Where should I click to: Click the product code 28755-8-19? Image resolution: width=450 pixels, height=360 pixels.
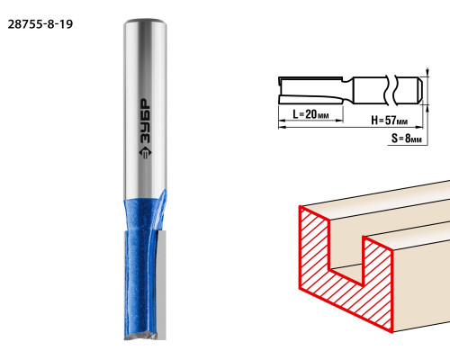point(40,24)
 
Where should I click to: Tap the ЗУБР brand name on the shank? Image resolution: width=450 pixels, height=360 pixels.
point(145,121)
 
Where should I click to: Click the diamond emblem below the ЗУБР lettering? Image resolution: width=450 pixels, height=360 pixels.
point(145,152)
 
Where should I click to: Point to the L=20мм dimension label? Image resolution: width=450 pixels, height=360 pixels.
point(310,114)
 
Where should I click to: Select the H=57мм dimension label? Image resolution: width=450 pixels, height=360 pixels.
point(389,121)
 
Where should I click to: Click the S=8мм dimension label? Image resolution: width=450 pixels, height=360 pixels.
point(407,139)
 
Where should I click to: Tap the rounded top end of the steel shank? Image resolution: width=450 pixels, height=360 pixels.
point(145,22)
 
